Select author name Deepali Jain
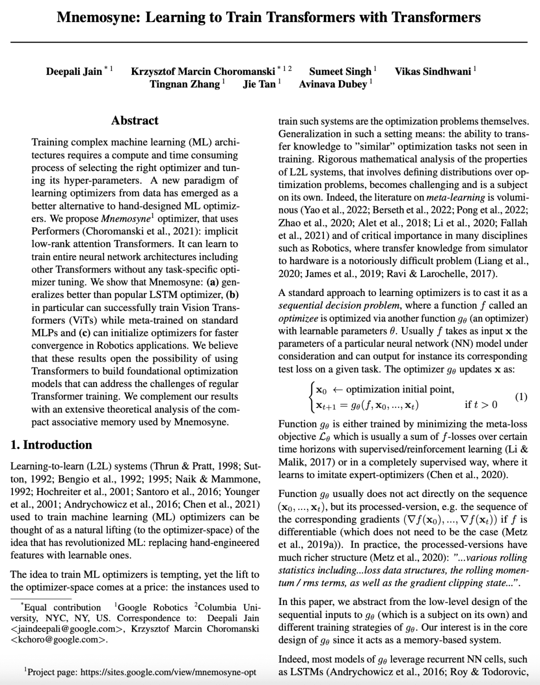pos(74,71)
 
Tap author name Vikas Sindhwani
pos(432,71)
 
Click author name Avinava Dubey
pos(332,84)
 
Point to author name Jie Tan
pos(259,84)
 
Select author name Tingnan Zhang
pos(184,84)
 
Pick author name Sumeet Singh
pos(340,71)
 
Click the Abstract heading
pos(134,120)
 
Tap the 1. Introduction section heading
pos(51,445)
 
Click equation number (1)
pos(520,397)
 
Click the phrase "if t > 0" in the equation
pos(481,404)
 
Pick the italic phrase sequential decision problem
pos(339,305)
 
